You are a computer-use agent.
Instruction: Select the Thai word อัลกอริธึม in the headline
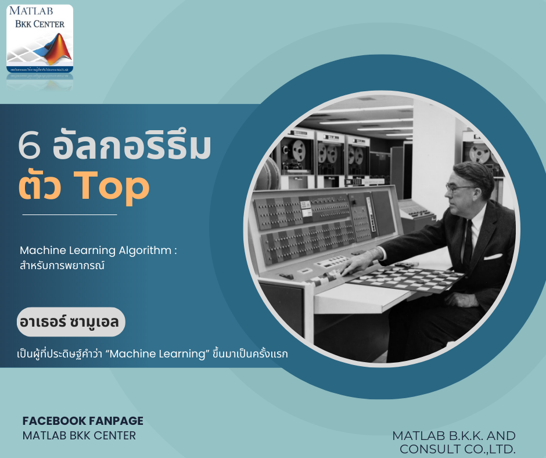(x=131, y=148)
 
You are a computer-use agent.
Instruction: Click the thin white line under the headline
(x=69, y=214)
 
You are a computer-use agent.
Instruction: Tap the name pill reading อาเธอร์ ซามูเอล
(x=71, y=322)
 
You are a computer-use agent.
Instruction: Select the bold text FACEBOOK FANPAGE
(x=82, y=421)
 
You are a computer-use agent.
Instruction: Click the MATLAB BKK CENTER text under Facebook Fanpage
(x=79, y=435)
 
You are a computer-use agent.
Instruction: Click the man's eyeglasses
(x=459, y=188)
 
